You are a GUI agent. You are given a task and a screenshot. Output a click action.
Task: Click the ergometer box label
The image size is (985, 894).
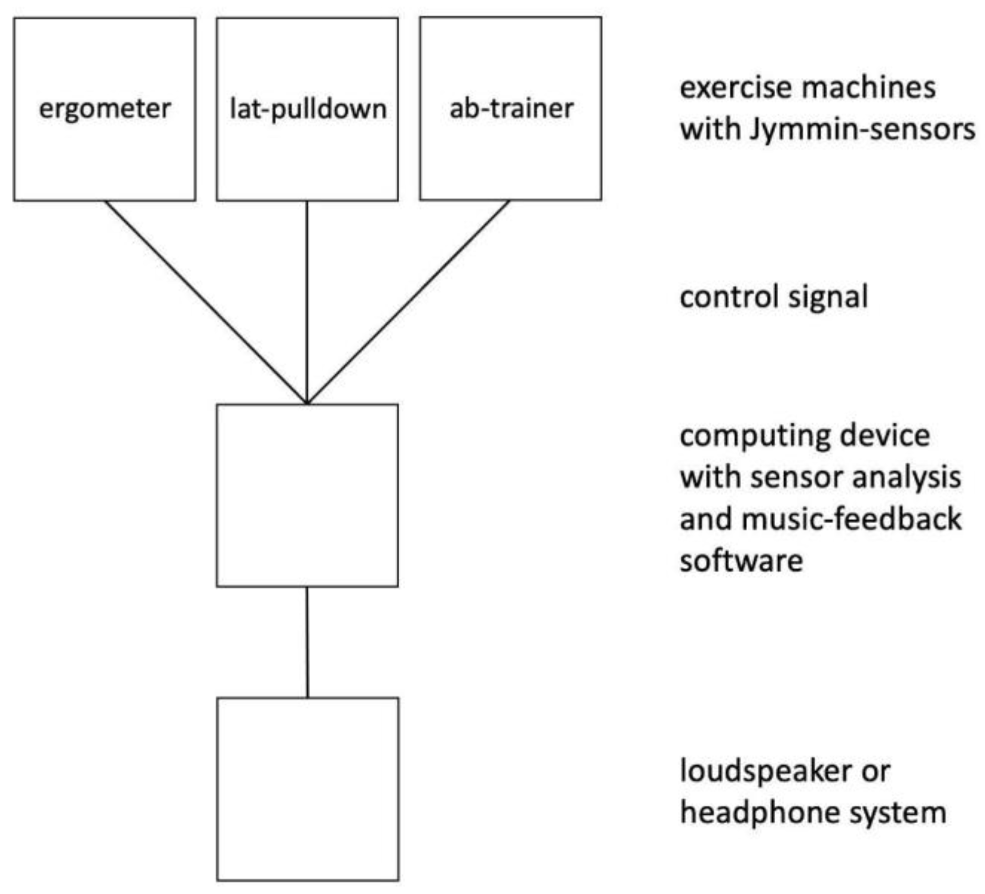(105, 109)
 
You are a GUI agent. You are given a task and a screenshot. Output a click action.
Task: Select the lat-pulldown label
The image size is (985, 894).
(308, 109)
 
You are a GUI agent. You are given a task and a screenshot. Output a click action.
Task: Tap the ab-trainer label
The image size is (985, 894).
(511, 108)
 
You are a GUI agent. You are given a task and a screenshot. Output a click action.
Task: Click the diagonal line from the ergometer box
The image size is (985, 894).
(205, 301)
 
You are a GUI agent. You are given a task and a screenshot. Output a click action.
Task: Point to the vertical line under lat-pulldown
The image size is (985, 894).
(307, 302)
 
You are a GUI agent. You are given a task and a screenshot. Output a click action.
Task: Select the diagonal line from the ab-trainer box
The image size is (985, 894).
(408, 302)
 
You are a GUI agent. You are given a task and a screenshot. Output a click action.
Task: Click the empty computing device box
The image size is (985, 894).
(307, 496)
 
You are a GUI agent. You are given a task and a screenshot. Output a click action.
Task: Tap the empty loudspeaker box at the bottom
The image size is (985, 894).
(308, 789)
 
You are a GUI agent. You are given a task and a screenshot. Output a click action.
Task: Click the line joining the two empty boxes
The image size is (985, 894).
(307, 642)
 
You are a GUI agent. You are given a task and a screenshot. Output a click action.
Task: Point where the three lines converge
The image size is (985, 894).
(307, 402)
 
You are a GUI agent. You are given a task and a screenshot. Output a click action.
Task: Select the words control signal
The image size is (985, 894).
(774, 297)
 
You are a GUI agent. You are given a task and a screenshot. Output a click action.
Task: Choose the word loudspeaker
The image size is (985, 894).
(766, 771)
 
